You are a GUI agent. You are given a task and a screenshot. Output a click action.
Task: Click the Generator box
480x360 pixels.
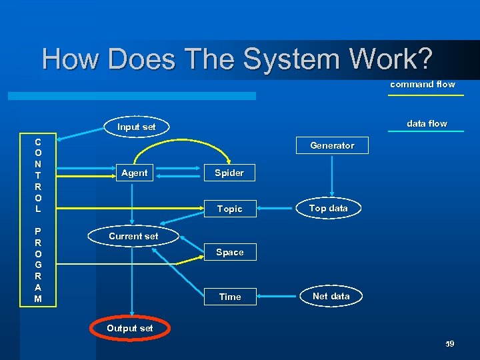tap(332, 145)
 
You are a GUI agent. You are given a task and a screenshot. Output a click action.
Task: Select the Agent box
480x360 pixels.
tap(134, 173)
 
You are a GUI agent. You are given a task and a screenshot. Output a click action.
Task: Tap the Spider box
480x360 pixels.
tap(229, 173)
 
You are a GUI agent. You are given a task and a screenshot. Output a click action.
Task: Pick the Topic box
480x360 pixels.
tap(229, 209)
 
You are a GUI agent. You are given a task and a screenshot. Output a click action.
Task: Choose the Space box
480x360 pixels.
tap(229, 252)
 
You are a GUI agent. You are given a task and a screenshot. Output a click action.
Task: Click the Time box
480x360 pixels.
tap(229, 297)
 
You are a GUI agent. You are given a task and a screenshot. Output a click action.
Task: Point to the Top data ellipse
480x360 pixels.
tap(328, 208)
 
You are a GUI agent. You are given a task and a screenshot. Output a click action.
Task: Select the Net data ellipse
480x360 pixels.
tap(331, 296)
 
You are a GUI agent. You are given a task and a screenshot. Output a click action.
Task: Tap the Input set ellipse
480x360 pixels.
tap(136, 127)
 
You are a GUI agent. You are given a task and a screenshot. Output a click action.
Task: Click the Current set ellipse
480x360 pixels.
tap(133, 236)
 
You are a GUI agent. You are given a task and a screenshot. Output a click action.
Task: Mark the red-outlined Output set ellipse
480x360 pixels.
tap(130, 328)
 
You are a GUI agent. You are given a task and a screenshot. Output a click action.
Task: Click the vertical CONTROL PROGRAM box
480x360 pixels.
tap(38, 221)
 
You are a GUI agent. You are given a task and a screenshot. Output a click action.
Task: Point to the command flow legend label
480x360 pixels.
tap(423, 84)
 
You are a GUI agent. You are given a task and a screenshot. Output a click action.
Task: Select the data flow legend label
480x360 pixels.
tap(427, 123)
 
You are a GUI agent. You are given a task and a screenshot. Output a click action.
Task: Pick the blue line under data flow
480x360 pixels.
tap(427, 131)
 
